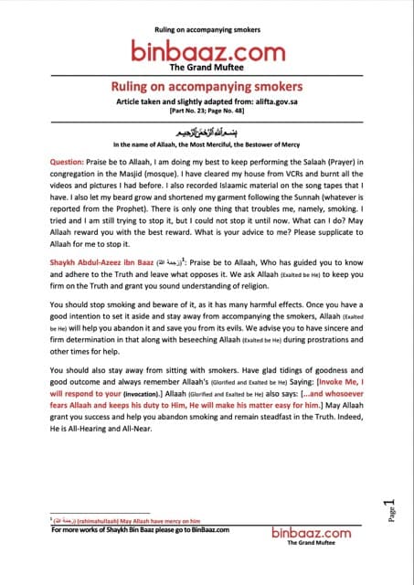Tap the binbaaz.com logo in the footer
pyautogui.click(x=311, y=533)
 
